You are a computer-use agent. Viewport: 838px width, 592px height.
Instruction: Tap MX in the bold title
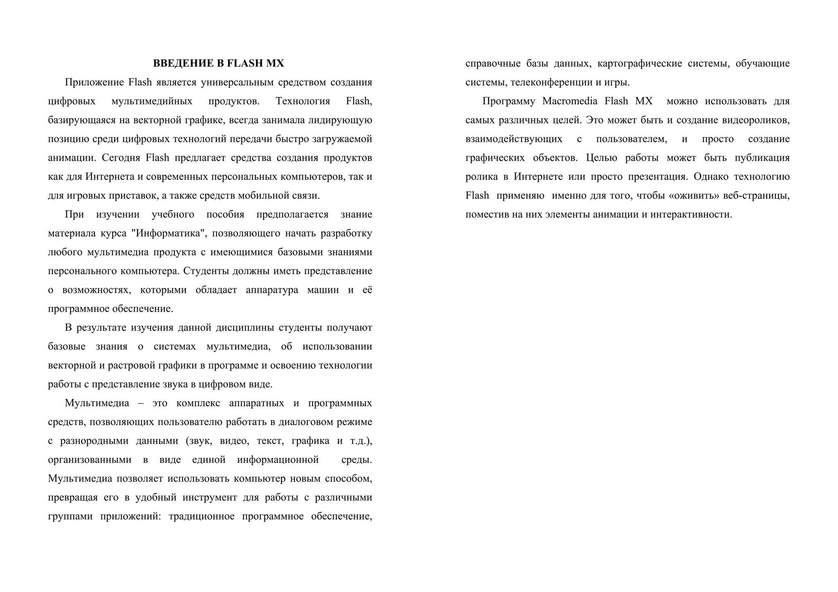275,63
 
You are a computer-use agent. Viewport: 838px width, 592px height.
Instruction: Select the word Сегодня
121,158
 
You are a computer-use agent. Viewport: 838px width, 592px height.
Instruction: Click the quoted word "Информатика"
169,233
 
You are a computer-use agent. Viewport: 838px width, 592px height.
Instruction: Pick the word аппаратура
272,290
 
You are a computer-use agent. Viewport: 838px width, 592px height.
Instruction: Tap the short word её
367,290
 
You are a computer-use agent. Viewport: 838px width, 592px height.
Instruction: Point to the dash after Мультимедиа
141,403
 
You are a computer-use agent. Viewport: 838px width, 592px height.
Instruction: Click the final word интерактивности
691,215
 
